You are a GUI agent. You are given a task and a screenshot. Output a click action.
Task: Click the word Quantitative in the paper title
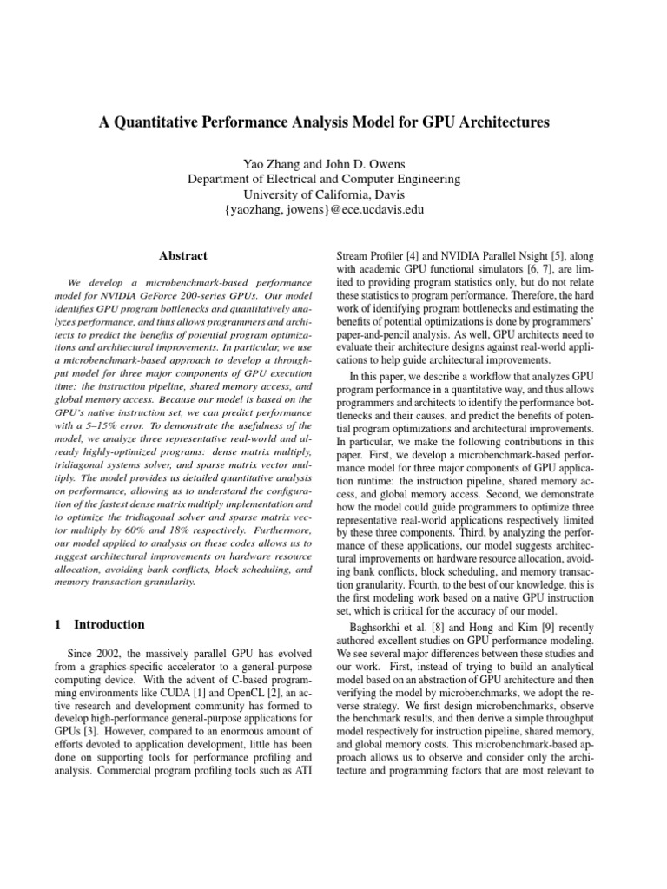[x=182, y=122]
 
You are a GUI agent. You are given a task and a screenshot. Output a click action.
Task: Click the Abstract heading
[x=183, y=255]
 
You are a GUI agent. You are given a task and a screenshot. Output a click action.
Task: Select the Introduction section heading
[x=109, y=623]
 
